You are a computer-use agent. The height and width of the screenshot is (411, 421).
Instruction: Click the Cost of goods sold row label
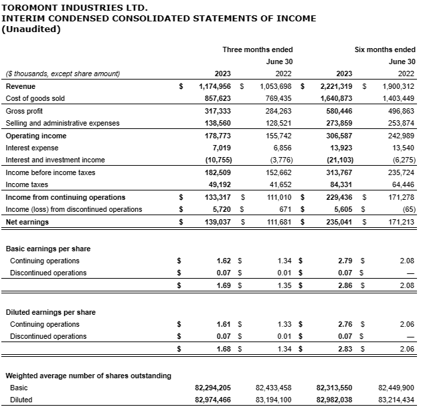click(x=35, y=98)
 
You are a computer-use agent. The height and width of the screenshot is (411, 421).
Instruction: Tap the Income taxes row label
click(x=27, y=185)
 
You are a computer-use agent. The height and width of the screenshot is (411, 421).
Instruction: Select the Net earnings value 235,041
click(x=341, y=222)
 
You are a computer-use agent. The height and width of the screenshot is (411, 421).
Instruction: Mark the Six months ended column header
click(x=385, y=49)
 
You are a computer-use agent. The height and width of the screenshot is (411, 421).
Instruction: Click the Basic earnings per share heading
click(x=48, y=249)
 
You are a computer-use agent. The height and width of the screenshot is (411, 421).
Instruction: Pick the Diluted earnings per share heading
click(x=50, y=312)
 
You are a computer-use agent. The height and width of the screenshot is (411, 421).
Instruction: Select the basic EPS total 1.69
click(x=224, y=285)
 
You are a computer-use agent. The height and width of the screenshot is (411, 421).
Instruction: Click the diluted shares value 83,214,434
click(x=396, y=400)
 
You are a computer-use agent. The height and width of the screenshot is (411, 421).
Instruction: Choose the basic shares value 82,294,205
click(x=213, y=388)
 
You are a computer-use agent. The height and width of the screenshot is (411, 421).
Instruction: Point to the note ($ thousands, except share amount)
click(x=62, y=74)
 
